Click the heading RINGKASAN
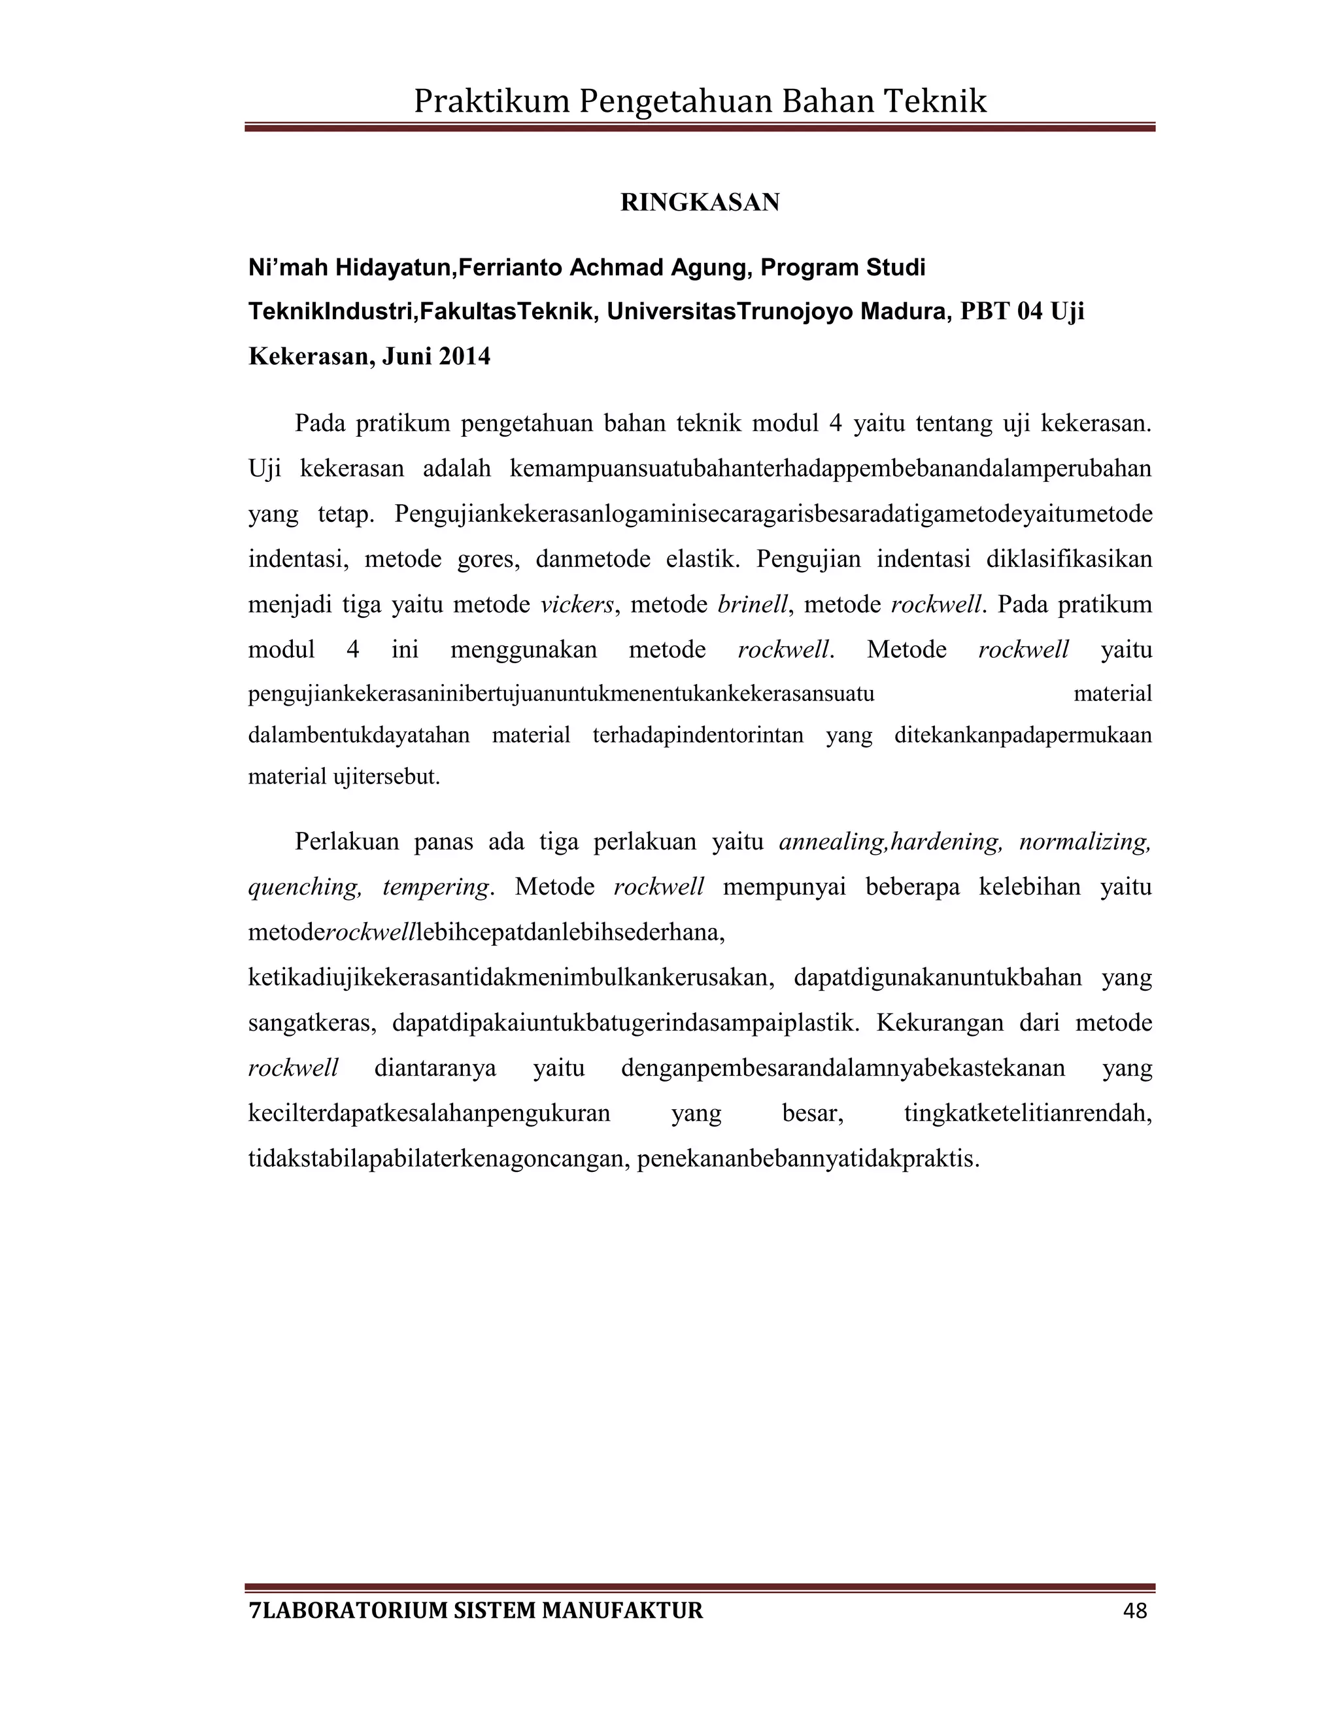(700, 203)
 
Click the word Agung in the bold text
(711, 268)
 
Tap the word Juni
(407, 357)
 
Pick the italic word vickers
(577, 605)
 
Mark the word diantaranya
(435, 1068)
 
